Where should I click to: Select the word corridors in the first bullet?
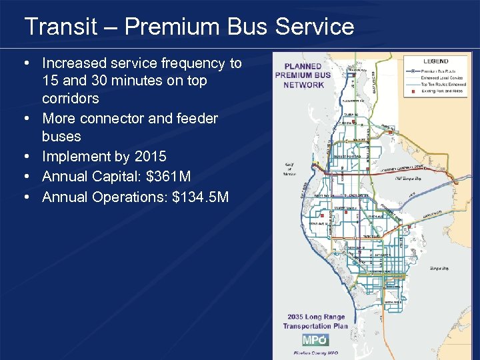coord(70,99)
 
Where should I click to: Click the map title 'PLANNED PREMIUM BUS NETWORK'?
coord(303,75)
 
